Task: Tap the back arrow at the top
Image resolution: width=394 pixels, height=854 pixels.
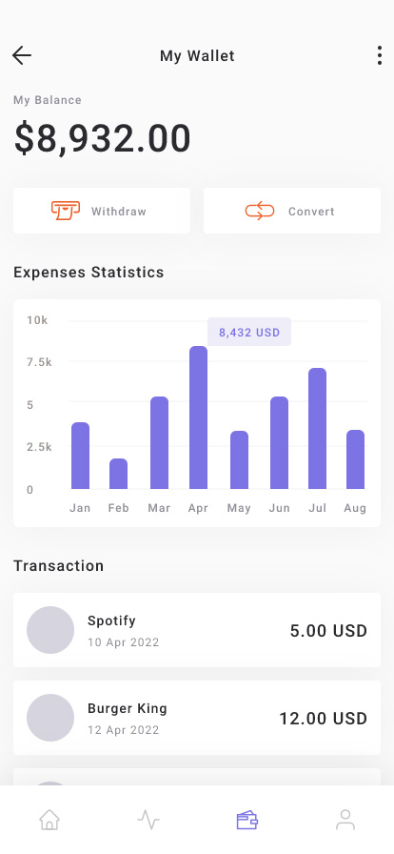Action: click(x=22, y=55)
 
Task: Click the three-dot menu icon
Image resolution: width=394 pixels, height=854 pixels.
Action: click(x=380, y=55)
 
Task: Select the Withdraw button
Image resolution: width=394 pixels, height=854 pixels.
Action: click(x=102, y=211)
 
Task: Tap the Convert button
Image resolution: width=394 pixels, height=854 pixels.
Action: click(x=292, y=211)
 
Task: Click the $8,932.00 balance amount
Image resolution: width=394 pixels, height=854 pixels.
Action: click(x=103, y=138)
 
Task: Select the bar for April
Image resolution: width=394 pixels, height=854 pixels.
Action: click(x=198, y=417)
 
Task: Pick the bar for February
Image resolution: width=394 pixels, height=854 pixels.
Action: click(x=118, y=474)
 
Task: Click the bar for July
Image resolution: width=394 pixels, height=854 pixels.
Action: click(x=317, y=429)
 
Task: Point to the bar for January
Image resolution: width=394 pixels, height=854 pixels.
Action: click(x=80, y=456)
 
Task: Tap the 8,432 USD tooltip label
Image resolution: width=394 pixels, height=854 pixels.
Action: click(x=249, y=332)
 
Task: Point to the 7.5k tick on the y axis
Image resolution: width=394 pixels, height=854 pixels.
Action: click(x=39, y=362)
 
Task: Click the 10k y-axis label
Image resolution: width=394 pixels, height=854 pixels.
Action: click(x=37, y=320)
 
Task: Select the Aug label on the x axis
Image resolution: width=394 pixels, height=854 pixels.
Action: click(x=355, y=508)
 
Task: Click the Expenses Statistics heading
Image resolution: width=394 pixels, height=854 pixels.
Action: click(x=89, y=272)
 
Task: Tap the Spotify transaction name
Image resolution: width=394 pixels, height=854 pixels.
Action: click(x=111, y=620)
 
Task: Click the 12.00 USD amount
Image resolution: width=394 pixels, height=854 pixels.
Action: click(x=324, y=719)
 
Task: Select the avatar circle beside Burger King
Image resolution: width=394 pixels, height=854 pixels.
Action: click(x=50, y=718)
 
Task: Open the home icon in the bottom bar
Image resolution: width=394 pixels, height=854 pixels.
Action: click(x=49, y=819)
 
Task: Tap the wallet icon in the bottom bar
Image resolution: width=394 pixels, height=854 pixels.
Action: click(x=247, y=820)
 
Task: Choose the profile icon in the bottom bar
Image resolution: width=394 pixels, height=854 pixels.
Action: click(x=345, y=819)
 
